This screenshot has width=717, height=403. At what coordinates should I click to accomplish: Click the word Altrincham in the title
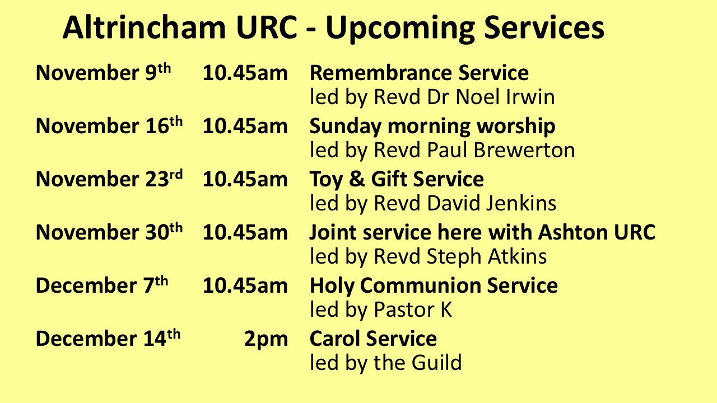(145, 27)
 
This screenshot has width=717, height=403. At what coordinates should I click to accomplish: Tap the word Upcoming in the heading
(400, 29)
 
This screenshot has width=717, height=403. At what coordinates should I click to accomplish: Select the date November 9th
(103, 72)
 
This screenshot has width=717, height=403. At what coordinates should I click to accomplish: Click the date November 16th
(109, 125)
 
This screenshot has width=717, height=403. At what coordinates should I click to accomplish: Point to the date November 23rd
(109, 179)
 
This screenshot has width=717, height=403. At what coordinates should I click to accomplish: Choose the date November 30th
(109, 232)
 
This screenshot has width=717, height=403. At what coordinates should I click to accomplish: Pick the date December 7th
(102, 285)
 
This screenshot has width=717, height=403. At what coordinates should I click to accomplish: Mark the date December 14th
(108, 338)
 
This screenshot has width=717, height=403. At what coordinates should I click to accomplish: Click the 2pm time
(266, 340)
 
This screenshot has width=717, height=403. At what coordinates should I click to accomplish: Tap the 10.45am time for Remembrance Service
(245, 73)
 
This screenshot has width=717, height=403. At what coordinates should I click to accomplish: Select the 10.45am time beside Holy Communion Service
(245, 285)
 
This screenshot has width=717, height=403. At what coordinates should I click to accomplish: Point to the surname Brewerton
(524, 150)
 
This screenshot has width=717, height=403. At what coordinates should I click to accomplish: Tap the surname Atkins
(517, 256)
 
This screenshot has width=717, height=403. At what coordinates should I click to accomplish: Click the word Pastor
(404, 310)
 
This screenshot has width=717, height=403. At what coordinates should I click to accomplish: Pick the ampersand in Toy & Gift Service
(357, 179)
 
